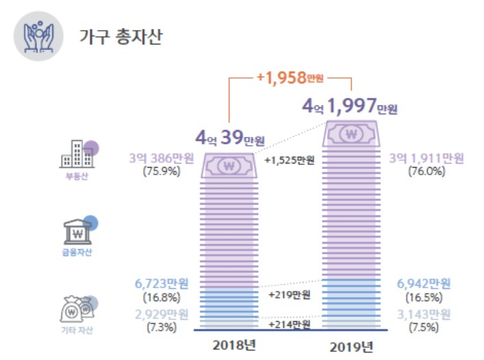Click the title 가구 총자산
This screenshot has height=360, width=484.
pos(120,37)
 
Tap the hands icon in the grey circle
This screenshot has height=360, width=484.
pos(38,37)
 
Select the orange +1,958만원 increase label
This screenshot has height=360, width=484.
pos(290,77)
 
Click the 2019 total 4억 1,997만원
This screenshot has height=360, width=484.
pos(349,106)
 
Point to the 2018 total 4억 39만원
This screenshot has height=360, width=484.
pos(230,138)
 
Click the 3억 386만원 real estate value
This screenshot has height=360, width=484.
pos(162,158)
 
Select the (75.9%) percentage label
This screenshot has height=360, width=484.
pos(162,171)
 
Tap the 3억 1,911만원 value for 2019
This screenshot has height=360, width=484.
pos(426,158)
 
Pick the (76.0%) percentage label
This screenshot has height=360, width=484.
pos(426,171)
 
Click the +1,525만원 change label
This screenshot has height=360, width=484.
pos(290,160)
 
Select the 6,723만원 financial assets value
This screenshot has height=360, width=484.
pos(162,283)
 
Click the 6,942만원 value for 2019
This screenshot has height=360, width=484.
pos(424,283)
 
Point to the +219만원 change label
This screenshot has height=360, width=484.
pos(289,295)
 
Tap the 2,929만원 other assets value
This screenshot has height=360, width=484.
pos(162,315)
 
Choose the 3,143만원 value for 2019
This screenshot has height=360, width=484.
pos(424,315)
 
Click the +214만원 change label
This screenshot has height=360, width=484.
pos(289,324)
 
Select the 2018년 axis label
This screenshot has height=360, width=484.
pos(234,345)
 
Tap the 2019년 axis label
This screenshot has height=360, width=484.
pos(351,347)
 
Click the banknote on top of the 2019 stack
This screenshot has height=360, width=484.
pos(351,133)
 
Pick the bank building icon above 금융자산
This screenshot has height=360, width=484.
pos(77,232)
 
